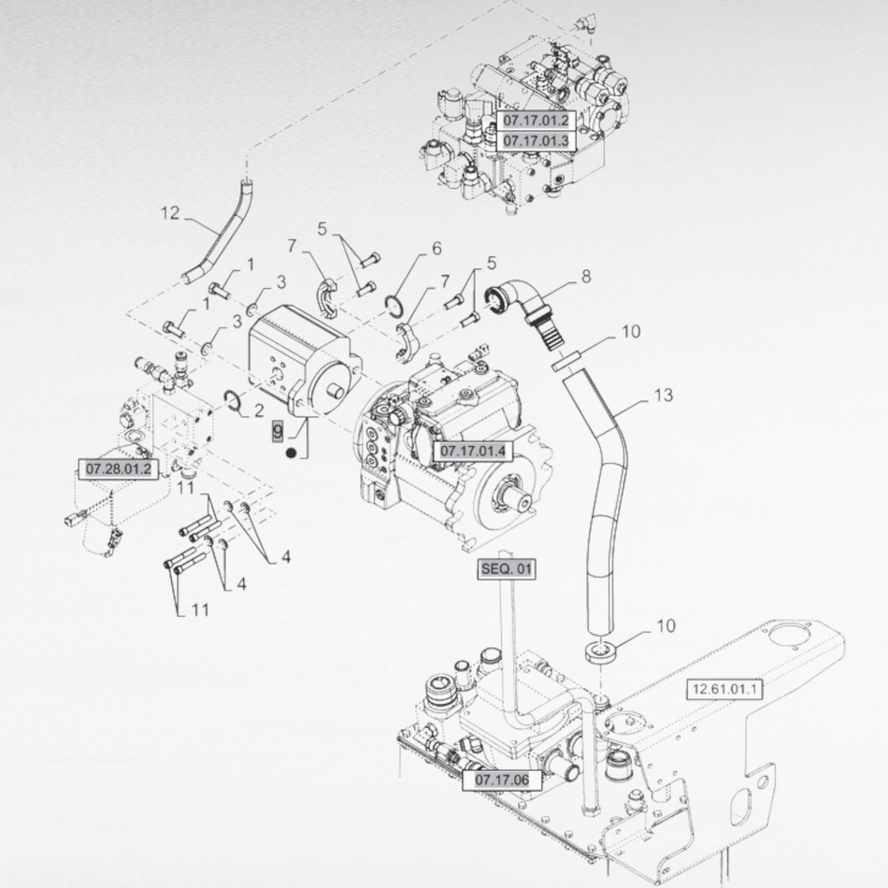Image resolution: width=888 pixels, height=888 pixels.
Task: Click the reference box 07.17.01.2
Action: [536, 122]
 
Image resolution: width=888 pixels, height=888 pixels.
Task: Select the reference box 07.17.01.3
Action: [536, 141]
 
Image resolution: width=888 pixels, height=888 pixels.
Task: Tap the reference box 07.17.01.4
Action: [472, 451]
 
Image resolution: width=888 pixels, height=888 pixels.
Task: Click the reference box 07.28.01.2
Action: [119, 467]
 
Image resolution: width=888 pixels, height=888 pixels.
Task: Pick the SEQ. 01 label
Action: [508, 568]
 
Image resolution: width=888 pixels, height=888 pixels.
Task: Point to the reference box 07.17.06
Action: [502, 779]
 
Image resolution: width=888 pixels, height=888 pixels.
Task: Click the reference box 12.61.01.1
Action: [724, 690]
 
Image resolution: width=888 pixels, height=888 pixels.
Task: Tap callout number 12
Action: [169, 213]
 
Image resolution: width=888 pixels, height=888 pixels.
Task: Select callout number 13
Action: [663, 395]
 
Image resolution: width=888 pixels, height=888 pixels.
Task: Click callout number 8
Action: [586, 277]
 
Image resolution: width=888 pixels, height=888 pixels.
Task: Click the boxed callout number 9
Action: [277, 431]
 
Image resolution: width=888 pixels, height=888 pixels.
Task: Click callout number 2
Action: [259, 410]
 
